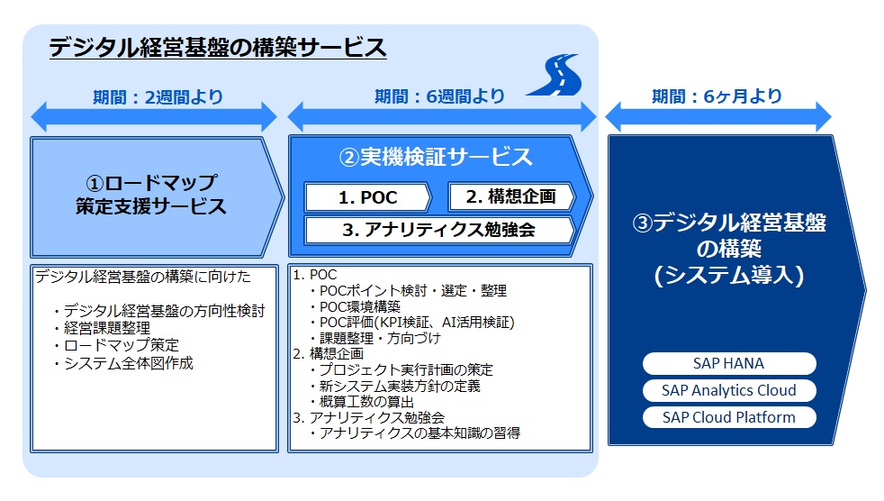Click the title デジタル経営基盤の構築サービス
click(218, 48)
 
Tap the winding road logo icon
click(555, 75)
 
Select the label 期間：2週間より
click(158, 97)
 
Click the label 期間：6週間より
click(439, 96)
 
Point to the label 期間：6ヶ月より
click(717, 96)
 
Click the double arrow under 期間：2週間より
click(154, 117)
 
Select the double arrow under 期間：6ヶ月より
click(718, 117)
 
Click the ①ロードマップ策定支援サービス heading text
click(151, 195)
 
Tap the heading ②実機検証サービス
click(435, 157)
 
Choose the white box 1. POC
click(367, 197)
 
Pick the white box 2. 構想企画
click(511, 197)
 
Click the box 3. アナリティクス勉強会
click(439, 230)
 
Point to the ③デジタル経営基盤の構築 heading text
click(729, 249)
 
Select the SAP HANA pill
click(729, 363)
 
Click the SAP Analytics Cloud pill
click(729, 390)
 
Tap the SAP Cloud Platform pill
click(729, 417)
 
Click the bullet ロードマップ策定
click(116, 345)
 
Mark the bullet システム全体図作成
click(123, 363)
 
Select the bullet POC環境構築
click(356, 307)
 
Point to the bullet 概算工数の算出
click(362, 402)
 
